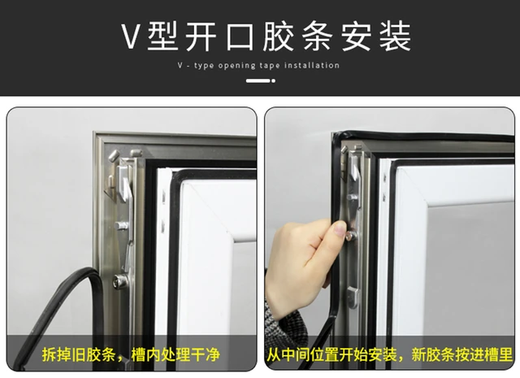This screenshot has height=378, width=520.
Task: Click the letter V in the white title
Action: [130, 36]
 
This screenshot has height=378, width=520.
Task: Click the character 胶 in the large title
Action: [279, 36]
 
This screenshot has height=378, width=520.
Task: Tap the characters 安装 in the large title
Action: [377, 36]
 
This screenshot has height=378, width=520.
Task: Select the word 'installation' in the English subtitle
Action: [312, 65]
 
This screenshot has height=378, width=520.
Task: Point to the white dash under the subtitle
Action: [258, 80]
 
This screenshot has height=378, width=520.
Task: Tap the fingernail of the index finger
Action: [340, 228]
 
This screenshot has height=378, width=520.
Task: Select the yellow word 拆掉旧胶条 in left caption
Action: [78, 354]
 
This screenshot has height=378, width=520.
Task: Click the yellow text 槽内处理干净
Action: [175, 354]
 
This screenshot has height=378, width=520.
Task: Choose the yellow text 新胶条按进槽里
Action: [462, 354]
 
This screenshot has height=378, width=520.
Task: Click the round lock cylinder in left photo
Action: [120, 281]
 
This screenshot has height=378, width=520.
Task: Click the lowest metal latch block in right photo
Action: [353, 296]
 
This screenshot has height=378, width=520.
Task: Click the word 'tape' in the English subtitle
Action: [269, 66]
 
